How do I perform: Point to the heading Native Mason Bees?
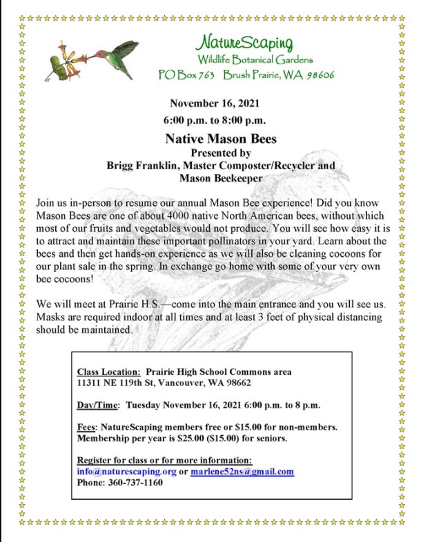220,139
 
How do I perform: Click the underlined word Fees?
86,427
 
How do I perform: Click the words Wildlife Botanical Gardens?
255,60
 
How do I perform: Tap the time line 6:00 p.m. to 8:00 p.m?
215,121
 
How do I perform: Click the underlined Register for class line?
164,461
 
